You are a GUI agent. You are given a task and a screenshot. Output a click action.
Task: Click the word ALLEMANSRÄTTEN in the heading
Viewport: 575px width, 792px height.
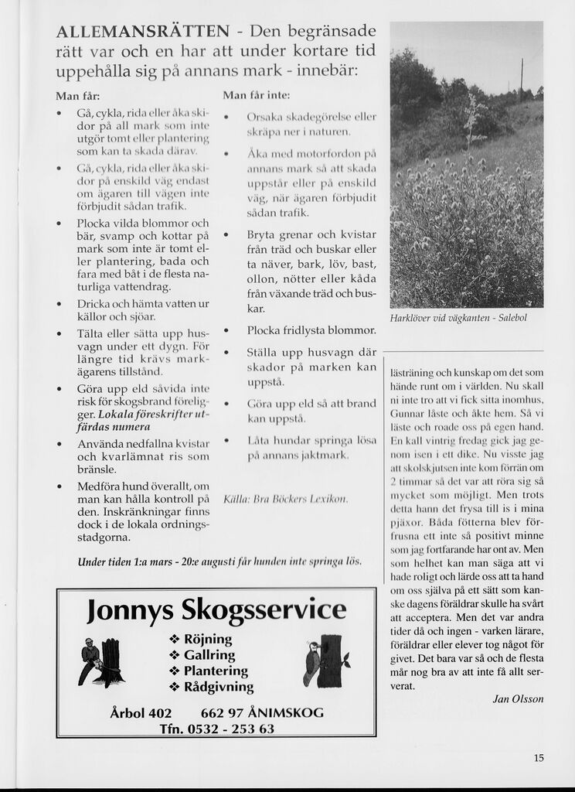tap(143, 32)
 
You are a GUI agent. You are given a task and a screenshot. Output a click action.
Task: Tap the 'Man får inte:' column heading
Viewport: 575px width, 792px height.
tap(256, 96)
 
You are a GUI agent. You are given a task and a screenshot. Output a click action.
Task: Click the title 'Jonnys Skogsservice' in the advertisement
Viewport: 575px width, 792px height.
tap(216, 610)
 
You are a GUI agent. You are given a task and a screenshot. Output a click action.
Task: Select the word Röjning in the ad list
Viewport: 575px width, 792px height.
tap(208, 640)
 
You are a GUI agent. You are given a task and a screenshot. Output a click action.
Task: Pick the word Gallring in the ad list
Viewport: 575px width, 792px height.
tap(209, 655)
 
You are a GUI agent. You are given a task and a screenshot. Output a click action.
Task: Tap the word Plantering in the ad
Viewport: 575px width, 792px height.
tap(216, 671)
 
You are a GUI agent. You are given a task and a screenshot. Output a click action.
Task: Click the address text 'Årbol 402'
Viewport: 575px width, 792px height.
tap(141, 713)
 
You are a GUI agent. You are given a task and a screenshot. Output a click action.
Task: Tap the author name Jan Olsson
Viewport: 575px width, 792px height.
tap(518, 698)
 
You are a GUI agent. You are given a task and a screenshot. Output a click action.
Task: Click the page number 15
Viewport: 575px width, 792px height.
tap(539, 758)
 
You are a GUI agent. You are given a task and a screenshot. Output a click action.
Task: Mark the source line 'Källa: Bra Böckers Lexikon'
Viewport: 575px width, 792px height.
tap(286, 499)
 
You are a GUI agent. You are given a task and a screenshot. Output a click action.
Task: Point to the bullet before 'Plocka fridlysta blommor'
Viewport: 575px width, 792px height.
tap(226, 331)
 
